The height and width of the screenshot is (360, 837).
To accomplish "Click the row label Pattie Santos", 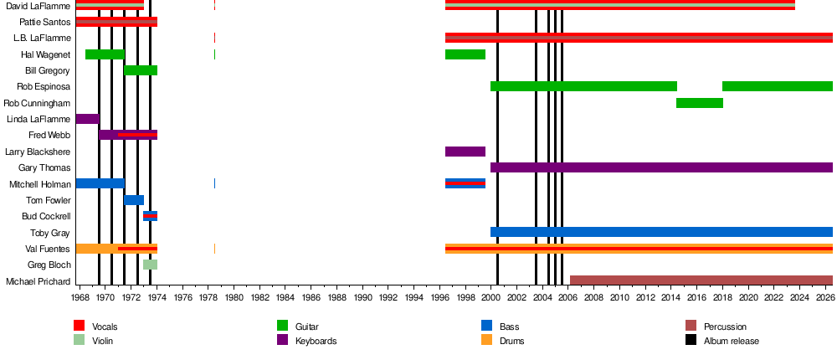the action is [x=45, y=22].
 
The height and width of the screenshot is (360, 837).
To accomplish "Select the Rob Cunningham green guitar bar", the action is [x=700, y=103].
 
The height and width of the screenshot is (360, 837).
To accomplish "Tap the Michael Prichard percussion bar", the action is [x=701, y=280].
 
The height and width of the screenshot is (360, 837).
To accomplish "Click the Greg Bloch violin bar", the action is [x=150, y=265].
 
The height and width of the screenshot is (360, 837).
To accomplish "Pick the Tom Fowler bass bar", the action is [x=134, y=200].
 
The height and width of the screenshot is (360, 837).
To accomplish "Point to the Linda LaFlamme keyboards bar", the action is [x=88, y=119].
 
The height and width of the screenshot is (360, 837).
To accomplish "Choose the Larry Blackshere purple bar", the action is [x=465, y=152].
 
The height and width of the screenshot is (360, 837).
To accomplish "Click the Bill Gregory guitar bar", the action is [x=141, y=70].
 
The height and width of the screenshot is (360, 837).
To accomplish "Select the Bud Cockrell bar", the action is [x=150, y=216].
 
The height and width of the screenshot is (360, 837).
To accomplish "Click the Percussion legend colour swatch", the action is [x=691, y=326].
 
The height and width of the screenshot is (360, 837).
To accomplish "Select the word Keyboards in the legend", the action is [x=316, y=341].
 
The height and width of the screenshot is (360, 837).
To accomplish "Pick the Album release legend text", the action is [x=732, y=341].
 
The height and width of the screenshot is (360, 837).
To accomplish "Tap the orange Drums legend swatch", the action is [x=486, y=340].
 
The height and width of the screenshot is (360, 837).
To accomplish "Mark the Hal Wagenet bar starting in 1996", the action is [x=465, y=54].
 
